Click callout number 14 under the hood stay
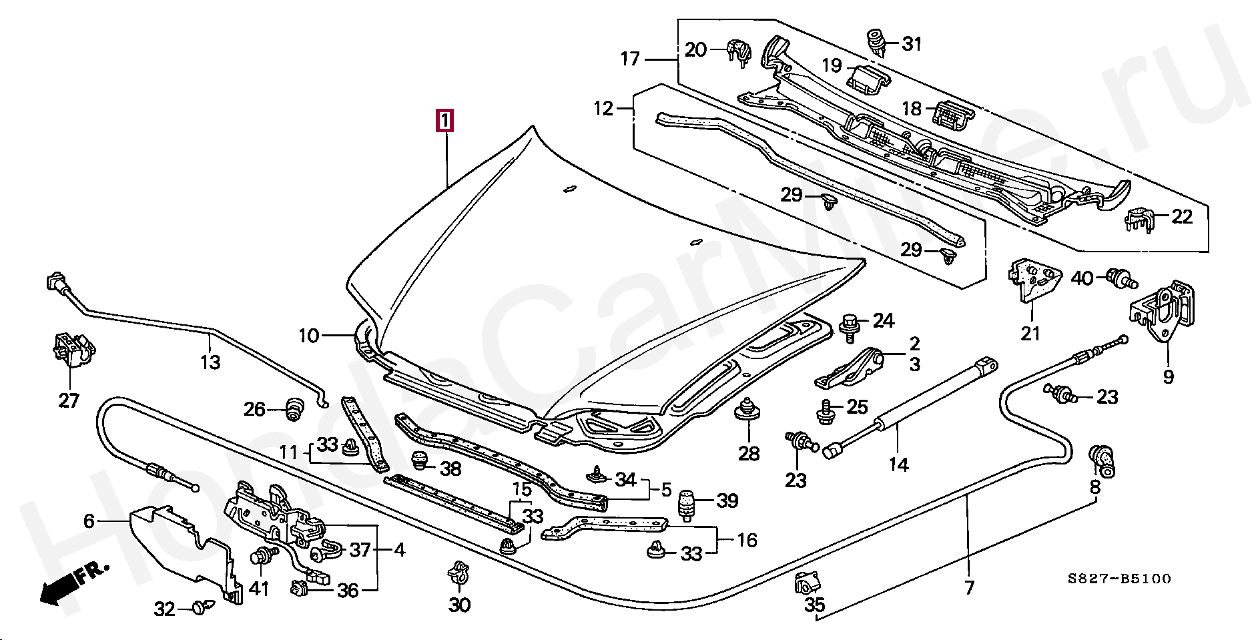coord(898,464)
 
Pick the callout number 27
coord(69,400)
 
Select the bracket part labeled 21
coord(1033,279)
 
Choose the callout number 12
coord(603,108)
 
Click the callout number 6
coord(89,521)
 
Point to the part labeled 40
coord(1120,278)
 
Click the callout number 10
coord(308,335)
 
